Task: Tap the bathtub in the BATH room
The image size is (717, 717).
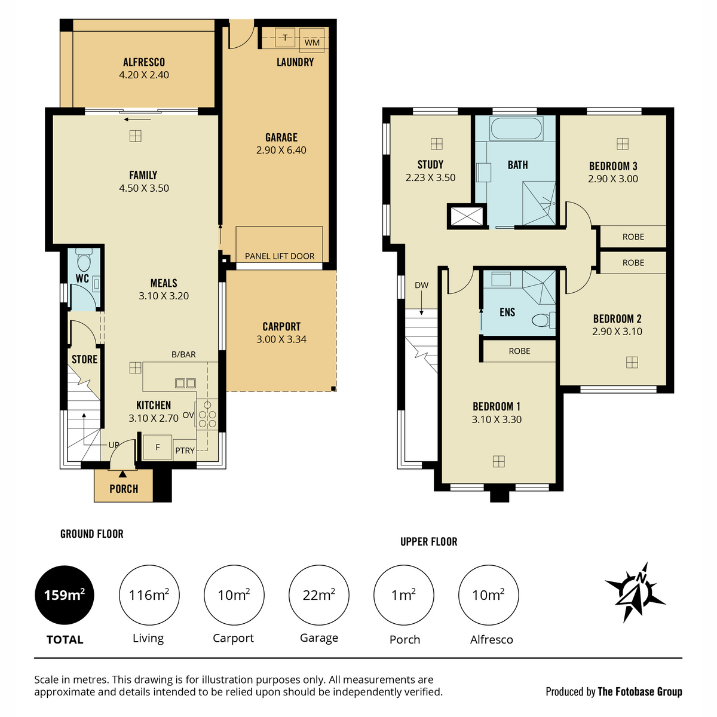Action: coord(516,128)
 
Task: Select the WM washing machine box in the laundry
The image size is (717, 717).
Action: coord(312,40)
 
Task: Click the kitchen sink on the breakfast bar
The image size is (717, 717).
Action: coord(185,383)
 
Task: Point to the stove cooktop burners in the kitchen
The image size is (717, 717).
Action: coord(207,414)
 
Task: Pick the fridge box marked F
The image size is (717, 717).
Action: coord(157,447)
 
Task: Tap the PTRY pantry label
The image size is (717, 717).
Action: coord(185,451)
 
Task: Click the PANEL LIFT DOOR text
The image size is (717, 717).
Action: coord(280,256)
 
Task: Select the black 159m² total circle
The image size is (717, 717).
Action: coord(65,595)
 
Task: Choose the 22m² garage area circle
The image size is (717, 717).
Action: coord(319,595)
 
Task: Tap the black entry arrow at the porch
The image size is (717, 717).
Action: coord(122,474)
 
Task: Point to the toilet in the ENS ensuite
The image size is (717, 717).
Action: coord(543,320)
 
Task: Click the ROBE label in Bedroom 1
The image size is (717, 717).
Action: coord(519,351)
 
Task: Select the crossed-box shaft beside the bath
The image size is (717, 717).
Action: coord(467,216)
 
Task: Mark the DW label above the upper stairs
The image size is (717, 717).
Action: coord(422,286)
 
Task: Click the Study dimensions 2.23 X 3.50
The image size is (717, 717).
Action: coord(430,177)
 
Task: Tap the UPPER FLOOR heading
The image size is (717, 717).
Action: coord(428,542)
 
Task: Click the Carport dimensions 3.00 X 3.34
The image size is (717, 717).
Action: coord(281,339)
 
